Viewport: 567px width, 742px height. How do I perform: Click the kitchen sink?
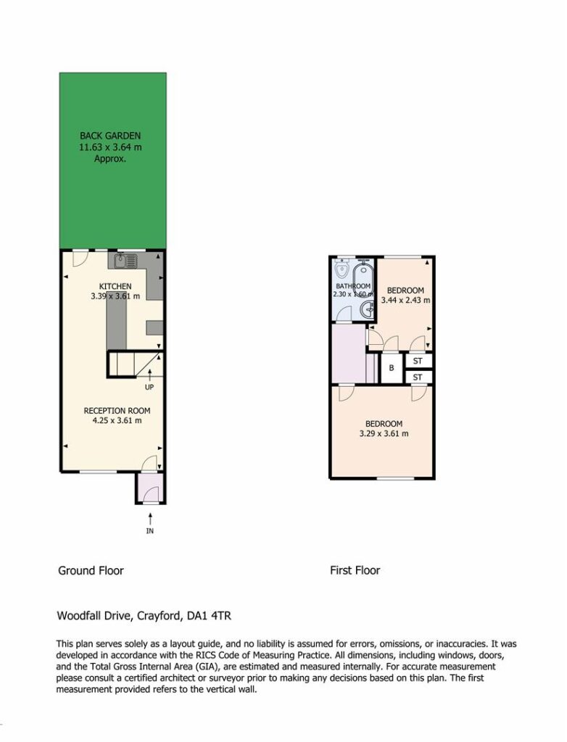point(125,260)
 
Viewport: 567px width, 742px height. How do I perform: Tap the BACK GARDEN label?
point(110,136)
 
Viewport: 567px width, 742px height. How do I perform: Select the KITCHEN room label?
point(115,286)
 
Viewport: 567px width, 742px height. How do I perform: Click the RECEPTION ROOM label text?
point(117,411)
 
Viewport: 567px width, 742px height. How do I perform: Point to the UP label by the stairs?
point(149,387)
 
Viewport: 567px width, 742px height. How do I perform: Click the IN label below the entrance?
point(149,531)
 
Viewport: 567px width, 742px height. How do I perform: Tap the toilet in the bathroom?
point(341,269)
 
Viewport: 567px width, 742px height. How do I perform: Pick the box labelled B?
point(392,367)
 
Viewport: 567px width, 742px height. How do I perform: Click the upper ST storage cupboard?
point(418,361)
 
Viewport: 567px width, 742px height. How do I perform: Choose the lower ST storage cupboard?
point(418,377)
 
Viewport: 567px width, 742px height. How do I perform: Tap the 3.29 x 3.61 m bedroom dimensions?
point(384,433)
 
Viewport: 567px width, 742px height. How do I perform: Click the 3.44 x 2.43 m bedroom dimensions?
point(405,300)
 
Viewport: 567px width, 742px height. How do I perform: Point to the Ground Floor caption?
point(91,571)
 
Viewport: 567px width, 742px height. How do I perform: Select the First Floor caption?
point(355,571)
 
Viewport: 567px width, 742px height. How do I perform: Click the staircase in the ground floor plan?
point(135,364)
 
